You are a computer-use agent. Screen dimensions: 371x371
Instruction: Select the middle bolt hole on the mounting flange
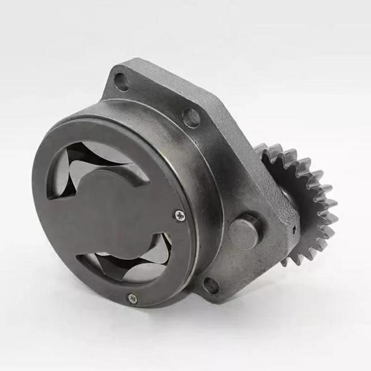192,118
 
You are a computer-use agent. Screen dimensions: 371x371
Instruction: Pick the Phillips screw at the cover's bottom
133,299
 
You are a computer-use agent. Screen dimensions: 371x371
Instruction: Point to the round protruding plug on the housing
245,230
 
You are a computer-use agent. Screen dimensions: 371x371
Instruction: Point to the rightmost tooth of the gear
332,204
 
